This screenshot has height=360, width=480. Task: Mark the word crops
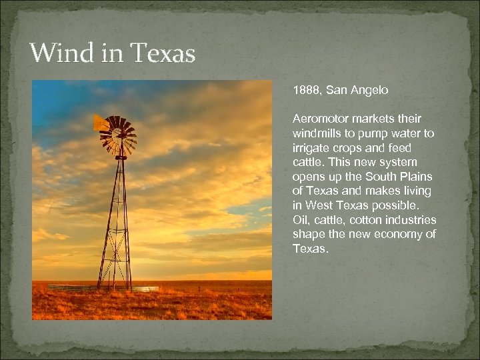(346, 148)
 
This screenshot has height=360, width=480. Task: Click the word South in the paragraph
(383, 177)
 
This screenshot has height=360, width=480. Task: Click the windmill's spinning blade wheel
(121, 135)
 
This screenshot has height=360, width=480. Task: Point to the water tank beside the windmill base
(145, 289)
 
